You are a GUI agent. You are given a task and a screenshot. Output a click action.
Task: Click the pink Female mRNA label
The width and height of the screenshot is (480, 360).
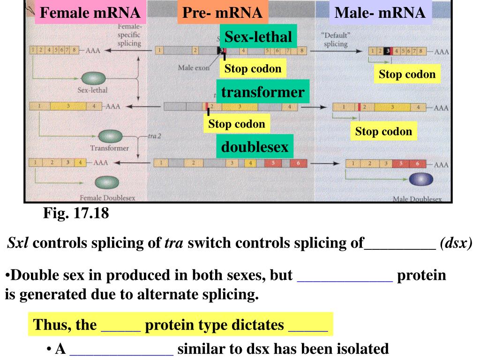(x=90, y=13)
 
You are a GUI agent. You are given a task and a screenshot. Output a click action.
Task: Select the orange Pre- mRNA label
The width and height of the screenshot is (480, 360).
(x=222, y=13)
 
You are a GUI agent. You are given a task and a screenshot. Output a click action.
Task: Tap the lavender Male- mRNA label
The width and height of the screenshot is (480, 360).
(x=380, y=13)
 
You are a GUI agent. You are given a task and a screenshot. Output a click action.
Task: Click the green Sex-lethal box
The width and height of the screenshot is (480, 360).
(x=258, y=37)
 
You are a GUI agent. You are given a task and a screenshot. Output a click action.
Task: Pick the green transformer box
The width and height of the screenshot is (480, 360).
(x=262, y=92)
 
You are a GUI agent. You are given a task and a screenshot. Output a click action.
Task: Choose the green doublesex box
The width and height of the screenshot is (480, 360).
(x=255, y=147)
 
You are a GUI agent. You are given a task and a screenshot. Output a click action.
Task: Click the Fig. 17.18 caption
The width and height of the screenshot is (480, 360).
(x=76, y=214)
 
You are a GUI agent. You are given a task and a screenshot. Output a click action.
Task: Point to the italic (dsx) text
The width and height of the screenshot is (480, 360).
(x=456, y=243)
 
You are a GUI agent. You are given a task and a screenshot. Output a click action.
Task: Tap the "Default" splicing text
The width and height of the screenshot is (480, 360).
(x=336, y=40)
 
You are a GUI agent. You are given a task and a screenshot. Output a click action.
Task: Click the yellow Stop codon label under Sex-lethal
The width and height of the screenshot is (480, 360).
(x=253, y=69)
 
